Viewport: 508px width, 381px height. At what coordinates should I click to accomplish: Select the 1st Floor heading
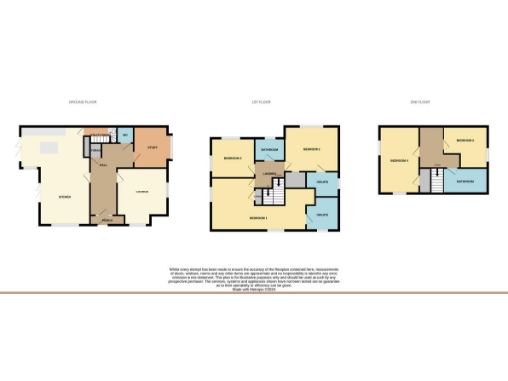pos(262,102)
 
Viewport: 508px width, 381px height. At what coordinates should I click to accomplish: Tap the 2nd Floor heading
pos(422,102)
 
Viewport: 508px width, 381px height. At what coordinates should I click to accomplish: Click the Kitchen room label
pos(64,197)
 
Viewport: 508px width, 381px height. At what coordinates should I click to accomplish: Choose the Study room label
pos(152,147)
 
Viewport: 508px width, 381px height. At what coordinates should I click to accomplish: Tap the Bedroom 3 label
pos(232,159)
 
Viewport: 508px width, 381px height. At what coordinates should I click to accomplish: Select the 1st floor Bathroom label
pos(269,150)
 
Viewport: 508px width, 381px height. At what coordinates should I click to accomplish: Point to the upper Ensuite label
pos(322,182)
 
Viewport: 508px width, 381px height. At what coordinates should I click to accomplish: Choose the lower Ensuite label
pos(322,214)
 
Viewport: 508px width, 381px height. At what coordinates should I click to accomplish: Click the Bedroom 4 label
pos(400,159)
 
